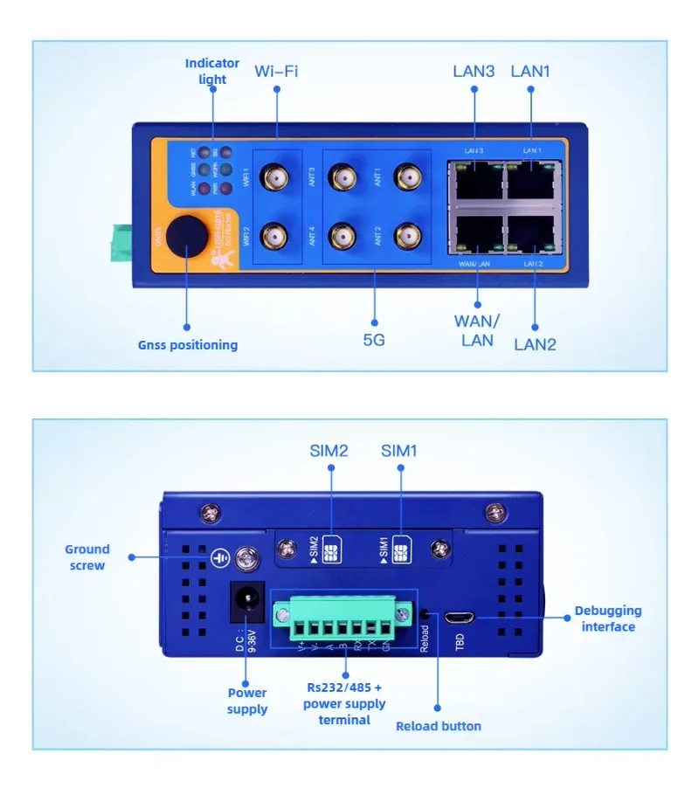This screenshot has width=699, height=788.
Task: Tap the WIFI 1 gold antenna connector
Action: [x=277, y=178]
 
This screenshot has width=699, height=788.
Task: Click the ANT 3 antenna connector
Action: [x=341, y=178]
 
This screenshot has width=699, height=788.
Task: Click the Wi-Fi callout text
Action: [x=276, y=71]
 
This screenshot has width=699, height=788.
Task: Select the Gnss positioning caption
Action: [x=187, y=345]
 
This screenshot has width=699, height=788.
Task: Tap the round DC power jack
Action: [x=246, y=602]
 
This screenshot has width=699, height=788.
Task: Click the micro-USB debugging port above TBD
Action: [x=458, y=617]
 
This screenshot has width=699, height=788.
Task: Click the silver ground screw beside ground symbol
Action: [x=248, y=556]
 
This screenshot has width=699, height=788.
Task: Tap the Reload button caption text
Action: [x=438, y=726]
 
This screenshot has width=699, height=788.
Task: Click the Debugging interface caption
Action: [x=609, y=619]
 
